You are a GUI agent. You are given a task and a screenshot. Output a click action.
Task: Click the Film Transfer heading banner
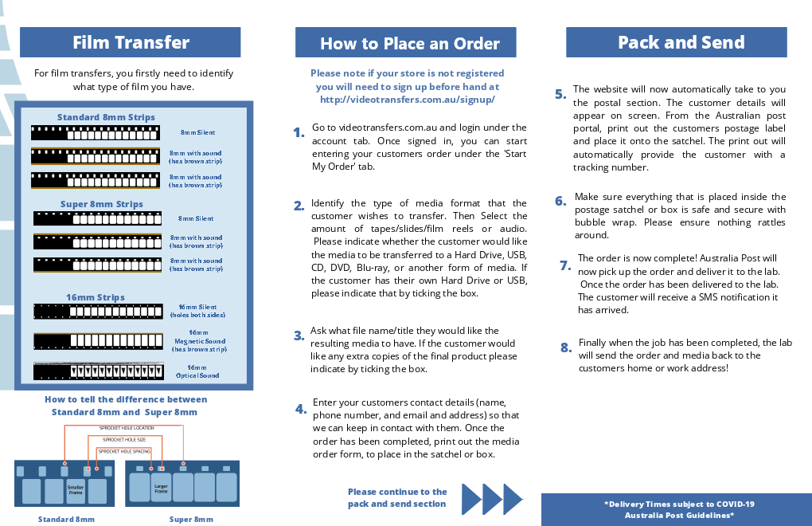[x=131, y=42]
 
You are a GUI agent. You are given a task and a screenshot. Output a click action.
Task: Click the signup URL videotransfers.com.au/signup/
[x=407, y=100]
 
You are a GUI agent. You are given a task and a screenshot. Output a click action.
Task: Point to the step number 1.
[x=299, y=132]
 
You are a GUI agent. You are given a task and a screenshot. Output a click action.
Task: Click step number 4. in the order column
[x=301, y=409]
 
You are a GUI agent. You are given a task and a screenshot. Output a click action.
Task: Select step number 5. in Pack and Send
[x=560, y=94]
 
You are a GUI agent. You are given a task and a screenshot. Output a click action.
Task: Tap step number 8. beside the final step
[x=566, y=347]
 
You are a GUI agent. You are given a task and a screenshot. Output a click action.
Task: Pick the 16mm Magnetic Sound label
[x=198, y=341]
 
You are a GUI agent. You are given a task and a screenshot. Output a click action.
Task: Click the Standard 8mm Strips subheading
[x=106, y=117]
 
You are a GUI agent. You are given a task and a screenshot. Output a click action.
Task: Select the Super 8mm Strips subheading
[x=101, y=204]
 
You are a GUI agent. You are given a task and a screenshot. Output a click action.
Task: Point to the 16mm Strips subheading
[x=95, y=297]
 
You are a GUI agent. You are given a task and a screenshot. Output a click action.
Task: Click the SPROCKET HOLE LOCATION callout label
[x=128, y=429]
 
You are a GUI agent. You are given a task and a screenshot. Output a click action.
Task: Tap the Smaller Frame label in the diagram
[x=75, y=489]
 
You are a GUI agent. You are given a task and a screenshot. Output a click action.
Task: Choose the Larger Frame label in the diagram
[x=160, y=488]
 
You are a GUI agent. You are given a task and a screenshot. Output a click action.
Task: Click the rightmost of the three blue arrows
[x=513, y=499]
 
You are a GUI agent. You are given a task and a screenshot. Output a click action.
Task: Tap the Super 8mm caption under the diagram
[x=191, y=520]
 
